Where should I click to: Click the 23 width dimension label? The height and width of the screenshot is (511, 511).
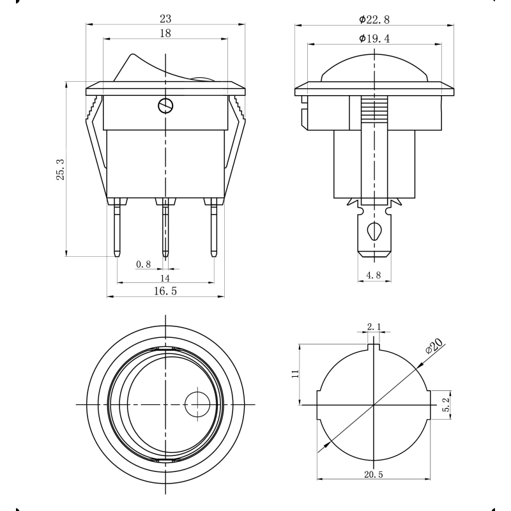(165, 19)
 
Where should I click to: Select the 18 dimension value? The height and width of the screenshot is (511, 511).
(165, 33)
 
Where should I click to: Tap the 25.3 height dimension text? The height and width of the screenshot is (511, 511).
(60, 169)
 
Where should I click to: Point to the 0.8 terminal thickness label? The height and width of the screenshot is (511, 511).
(143, 264)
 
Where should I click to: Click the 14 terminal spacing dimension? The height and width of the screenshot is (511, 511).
(165, 278)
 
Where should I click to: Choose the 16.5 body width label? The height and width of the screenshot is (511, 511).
(165, 291)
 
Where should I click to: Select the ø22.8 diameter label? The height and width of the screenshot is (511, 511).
(374, 20)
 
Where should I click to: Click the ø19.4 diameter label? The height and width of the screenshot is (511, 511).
(374, 38)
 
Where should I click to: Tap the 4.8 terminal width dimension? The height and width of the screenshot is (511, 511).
(374, 275)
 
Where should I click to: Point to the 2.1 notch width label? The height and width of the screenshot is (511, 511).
(374, 326)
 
